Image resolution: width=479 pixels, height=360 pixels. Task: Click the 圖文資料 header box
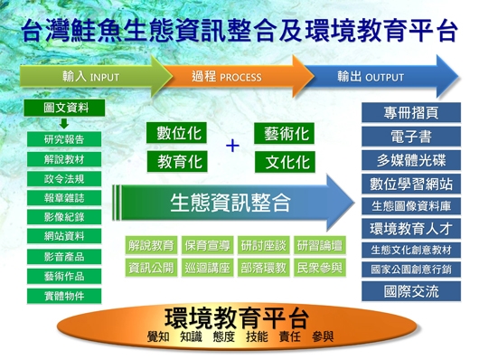(62, 109)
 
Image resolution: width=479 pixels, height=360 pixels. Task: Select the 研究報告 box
(63, 139)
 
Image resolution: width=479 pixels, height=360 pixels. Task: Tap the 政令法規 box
(63, 178)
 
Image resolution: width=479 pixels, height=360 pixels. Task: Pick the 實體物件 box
(63, 295)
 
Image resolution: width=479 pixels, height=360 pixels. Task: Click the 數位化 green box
(179, 134)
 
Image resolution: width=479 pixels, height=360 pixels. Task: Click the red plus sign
(232, 147)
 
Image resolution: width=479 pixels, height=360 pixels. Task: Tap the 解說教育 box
(151, 245)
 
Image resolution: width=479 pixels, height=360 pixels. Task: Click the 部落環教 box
(263, 268)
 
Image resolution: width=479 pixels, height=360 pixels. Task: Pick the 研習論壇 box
(319, 245)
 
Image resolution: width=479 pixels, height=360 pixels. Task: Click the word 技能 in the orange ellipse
(257, 336)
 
